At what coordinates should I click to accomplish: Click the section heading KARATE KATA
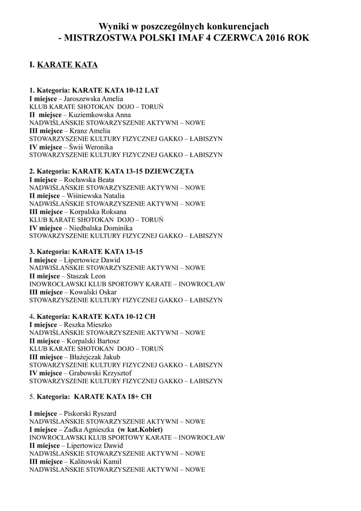point(67,65)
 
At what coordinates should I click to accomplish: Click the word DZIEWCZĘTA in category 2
point(169,171)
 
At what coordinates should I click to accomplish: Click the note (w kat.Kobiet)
point(140,429)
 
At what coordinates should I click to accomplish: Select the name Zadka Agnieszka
point(87,429)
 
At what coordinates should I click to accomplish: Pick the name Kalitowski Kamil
point(93,462)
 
